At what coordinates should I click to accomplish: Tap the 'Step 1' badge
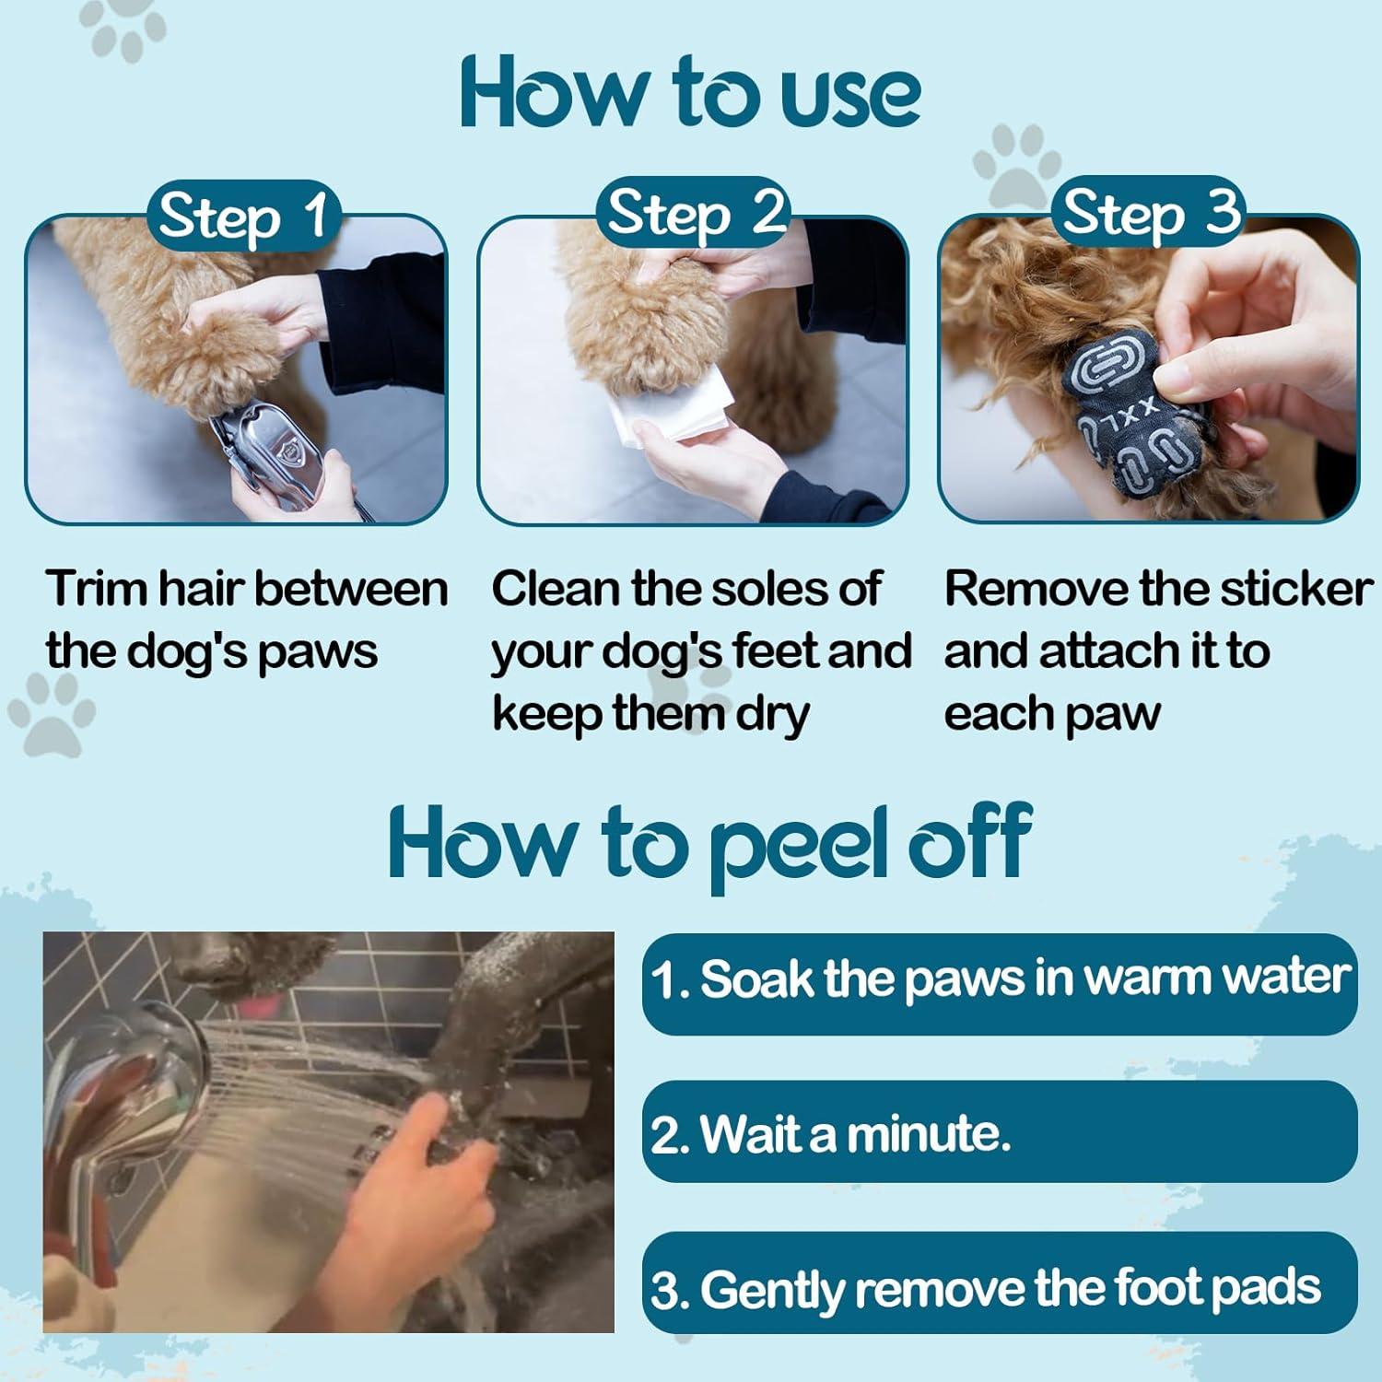pos(243,216)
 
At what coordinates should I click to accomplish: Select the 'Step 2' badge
pos(696,214)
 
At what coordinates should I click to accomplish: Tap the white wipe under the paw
pos(677,410)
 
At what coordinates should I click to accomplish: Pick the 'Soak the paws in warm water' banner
pos(1000,982)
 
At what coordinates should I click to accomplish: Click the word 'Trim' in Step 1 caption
pos(96,589)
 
